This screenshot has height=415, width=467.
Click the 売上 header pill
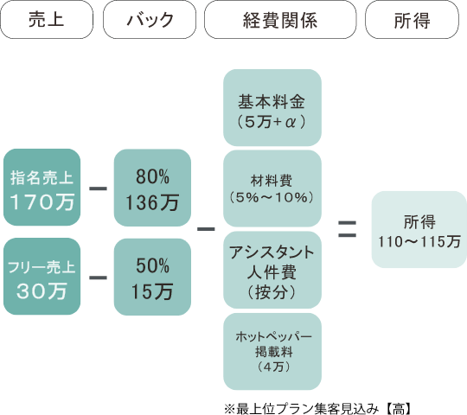click(47, 20)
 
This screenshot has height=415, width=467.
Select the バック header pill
click(150, 20)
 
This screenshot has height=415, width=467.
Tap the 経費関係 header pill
click(280, 20)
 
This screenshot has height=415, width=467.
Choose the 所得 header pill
click(413, 20)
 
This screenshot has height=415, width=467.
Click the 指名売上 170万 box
click(42, 188)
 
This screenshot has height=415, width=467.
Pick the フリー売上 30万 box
click(42, 277)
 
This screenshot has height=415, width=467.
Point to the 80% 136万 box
click(152, 188)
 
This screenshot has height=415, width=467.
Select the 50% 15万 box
click(152, 277)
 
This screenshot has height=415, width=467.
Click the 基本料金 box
click(272, 108)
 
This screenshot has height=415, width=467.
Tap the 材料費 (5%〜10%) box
click(272, 188)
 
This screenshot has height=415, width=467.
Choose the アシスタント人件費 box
click(272, 270)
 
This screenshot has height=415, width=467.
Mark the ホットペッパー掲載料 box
click(272, 352)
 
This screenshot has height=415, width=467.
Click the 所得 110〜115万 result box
click(419, 229)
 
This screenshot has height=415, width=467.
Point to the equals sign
click(348, 229)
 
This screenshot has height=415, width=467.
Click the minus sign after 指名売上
click(98, 188)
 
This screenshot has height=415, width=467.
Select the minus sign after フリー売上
click(98, 278)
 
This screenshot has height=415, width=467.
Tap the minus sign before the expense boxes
click(206, 229)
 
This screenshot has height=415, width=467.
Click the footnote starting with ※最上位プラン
click(317, 409)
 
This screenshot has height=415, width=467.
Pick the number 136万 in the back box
click(152, 202)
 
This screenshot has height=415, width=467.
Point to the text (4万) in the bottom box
click(273, 367)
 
